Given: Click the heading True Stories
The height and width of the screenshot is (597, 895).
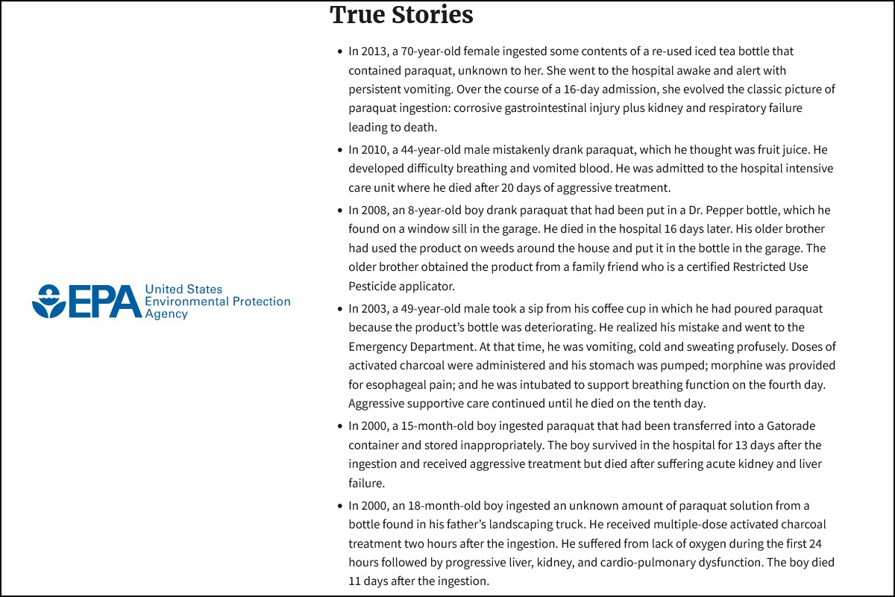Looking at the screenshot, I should tap(401, 15).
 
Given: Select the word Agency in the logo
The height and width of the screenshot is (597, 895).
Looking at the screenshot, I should tap(166, 315).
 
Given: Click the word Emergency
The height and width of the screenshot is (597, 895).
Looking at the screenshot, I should tap(377, 346).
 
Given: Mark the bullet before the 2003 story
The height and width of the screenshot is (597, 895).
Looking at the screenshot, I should tap(340, 308).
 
